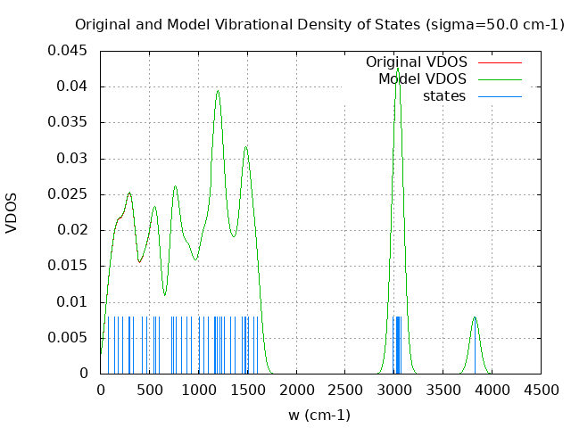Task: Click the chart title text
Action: click(319, 24)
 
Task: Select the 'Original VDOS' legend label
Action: click(416, 62)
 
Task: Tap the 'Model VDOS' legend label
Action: click(422, 79)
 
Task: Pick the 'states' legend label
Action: click(444, 96)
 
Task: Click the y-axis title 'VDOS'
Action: click(12, 212)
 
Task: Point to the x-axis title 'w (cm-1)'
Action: click(319, 415)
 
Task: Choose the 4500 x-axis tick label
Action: click(541, 390)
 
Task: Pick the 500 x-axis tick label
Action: click(149, 390)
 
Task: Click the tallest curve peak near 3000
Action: click(397, 67)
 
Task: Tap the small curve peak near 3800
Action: click(475, 317)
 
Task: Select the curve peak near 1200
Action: click(217, 91)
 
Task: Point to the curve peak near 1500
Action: click(245, 147)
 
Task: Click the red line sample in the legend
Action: click(500, 62)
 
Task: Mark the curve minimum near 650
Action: click(164, 294)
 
